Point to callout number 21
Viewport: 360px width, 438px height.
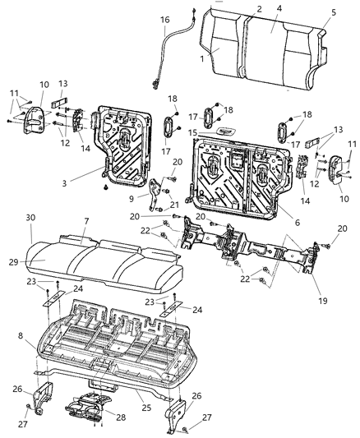[174, 205]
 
